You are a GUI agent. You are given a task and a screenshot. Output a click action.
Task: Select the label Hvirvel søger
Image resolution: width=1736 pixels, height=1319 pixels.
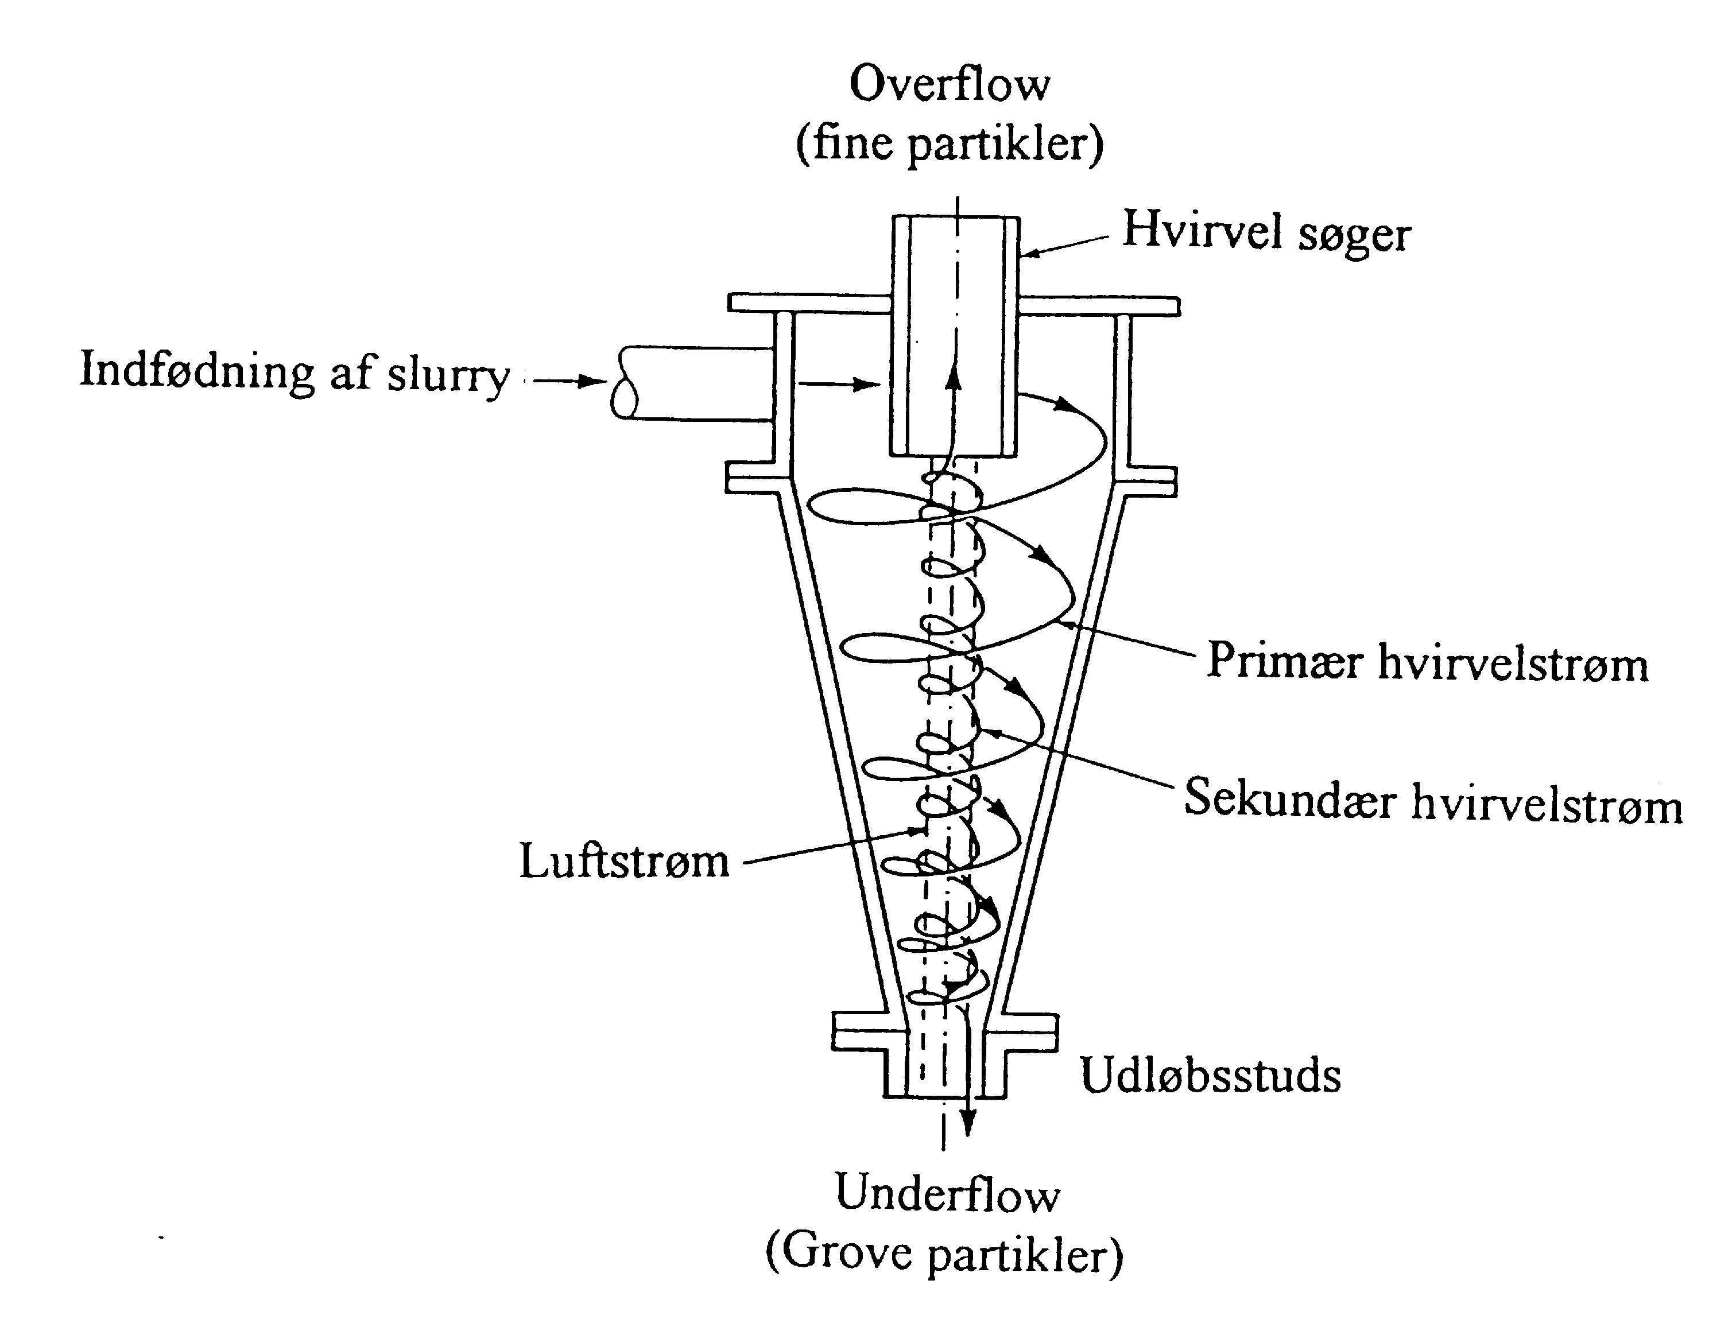[1266, 232]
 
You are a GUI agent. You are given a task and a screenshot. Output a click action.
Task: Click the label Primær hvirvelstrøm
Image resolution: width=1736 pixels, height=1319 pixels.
[1427, 662]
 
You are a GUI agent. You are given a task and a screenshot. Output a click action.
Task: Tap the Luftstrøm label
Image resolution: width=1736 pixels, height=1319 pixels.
[623, 862]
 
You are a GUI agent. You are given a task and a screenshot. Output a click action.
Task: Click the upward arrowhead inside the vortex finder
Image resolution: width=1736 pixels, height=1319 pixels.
[954, 378]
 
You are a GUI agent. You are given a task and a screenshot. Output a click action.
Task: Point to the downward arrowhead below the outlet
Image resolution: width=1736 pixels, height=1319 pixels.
[969, 1127]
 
